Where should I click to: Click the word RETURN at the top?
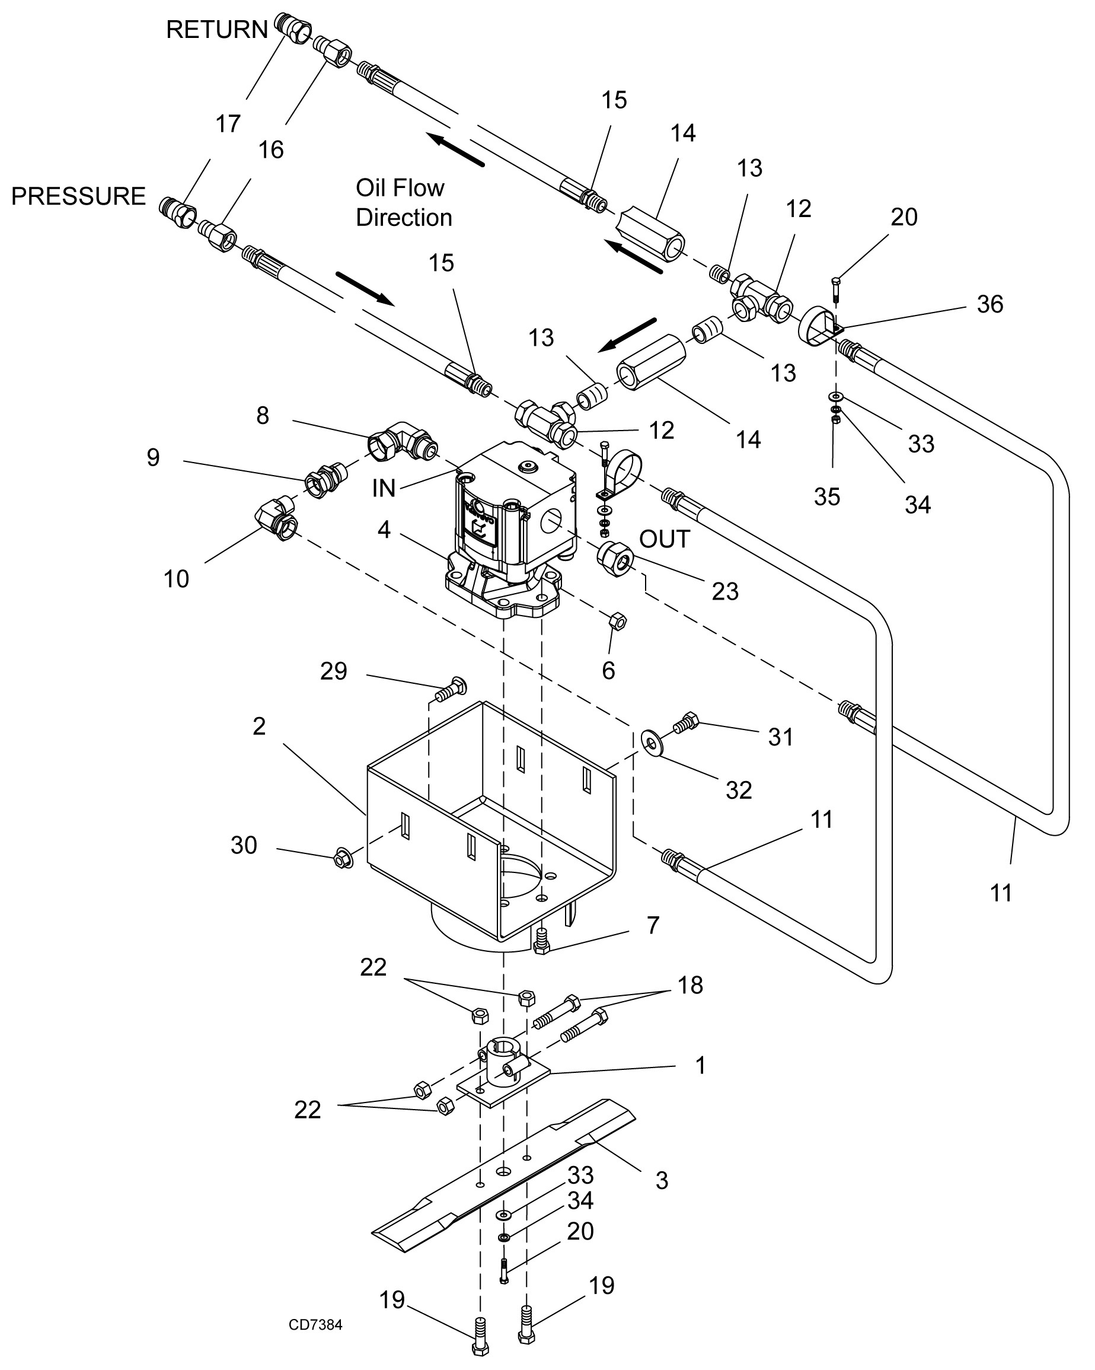216,30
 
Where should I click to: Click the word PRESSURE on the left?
79,196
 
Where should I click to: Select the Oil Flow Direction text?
404,203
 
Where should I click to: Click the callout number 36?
989,304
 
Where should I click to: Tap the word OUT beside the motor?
665,539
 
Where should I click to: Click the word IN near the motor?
384,488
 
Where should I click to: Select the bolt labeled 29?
451,689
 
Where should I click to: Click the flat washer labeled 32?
652,741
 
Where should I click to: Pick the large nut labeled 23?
614,560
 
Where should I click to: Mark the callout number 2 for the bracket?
258,727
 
